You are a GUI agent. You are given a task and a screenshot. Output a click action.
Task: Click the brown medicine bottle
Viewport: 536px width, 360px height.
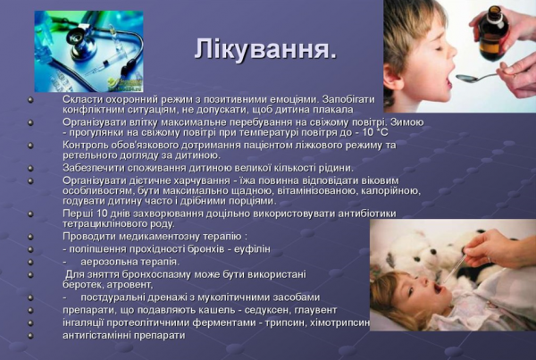[490, 35]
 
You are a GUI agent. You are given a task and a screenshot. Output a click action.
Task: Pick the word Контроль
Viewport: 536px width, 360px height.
[87, 145]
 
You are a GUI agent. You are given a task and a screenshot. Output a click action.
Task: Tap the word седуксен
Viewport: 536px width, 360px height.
[267, 309]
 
